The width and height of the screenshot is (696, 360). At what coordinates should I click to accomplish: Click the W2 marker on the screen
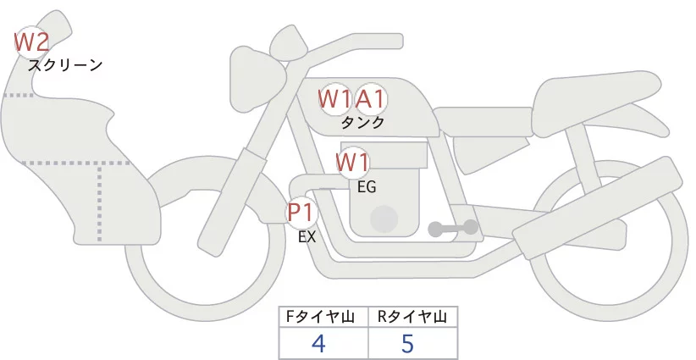pos(32,41)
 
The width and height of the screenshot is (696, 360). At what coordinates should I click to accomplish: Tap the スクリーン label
pos(65,65)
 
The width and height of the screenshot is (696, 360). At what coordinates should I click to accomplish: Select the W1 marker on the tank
pos(334,99)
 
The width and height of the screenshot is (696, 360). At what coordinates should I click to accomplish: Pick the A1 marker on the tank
pos(371,99)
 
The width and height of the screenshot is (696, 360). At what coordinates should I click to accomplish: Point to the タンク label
pos(362,123)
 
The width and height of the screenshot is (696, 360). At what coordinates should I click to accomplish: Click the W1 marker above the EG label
pos(352,162)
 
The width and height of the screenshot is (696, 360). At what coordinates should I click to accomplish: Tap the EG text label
pos(367,187)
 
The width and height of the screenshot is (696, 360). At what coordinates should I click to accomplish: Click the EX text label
pos(307,238)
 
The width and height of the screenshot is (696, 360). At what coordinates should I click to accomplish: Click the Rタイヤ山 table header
pos(412,317)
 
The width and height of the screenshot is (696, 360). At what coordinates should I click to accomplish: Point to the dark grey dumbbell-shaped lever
pos(453,228)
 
